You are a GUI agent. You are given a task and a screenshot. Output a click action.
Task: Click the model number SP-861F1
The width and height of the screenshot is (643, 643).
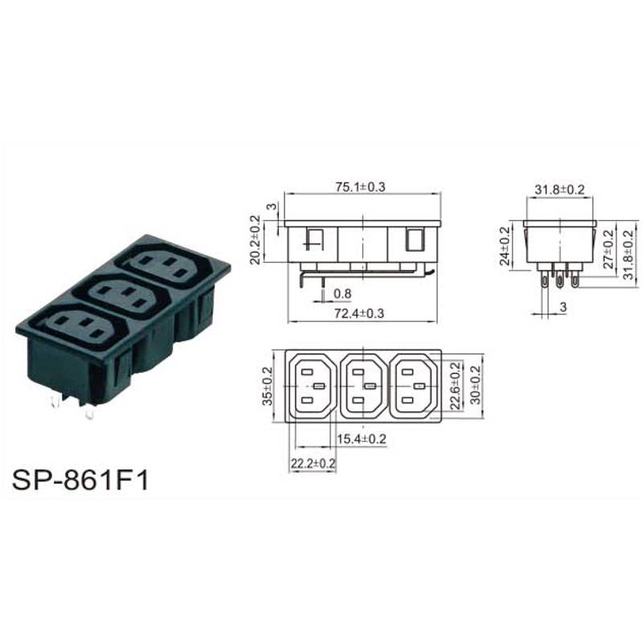click(x=80, y=480)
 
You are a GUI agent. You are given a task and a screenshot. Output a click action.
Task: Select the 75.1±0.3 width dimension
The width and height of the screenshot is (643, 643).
click(x=360, y=187)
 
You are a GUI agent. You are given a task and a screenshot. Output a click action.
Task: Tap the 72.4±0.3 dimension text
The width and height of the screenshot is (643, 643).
click(x=359, y=313)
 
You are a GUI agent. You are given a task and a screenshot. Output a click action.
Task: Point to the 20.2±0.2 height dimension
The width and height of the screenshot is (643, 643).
click(x=255, y=240)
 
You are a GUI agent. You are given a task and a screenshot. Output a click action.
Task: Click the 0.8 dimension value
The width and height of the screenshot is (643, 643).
click(x=342, y=293)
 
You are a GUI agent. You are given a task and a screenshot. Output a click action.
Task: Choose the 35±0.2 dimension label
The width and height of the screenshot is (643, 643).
click(x=268, y=386)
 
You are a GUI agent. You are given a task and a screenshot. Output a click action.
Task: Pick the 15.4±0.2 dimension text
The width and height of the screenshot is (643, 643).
click(x=362, y=439)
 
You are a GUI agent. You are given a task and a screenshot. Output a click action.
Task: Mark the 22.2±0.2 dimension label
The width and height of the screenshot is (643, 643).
click(x=313, y=464)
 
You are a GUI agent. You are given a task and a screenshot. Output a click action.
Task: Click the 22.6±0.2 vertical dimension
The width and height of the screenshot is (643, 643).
click(x=456, y=386)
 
